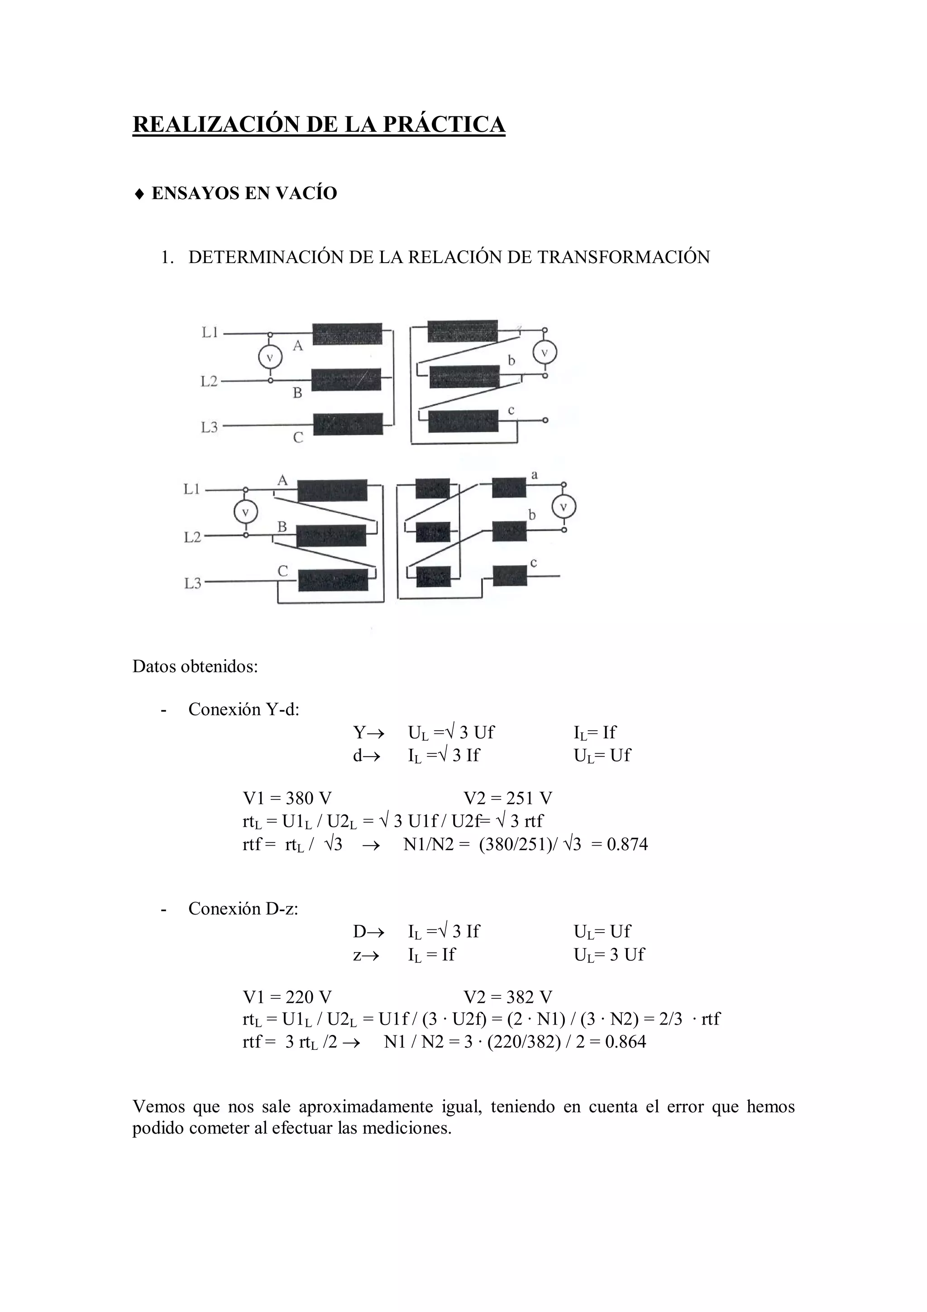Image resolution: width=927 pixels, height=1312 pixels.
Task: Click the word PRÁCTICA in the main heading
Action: click(x=443, y=124)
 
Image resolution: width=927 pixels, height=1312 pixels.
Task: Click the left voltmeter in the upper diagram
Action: click(x=270, y=358)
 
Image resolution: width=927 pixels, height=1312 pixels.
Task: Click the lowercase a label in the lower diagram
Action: click(x=535, y=475)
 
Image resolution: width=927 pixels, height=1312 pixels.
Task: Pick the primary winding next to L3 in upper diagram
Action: click(x=348, y=424)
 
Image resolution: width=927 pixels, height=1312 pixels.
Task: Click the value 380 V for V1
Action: click(x=308, y=798)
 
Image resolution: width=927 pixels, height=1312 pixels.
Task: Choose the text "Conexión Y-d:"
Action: click(x=244, y=710)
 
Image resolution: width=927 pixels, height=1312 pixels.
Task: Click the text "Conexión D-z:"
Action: click(x=244, y=909)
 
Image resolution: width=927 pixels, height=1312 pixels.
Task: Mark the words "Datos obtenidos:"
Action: click(x=196, y=666)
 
